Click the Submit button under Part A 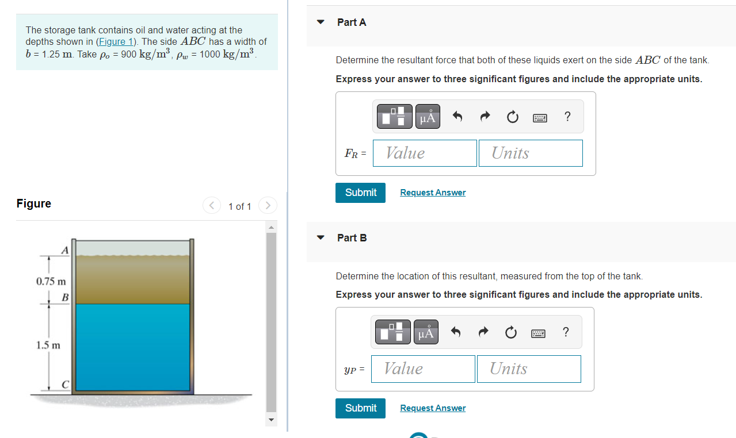(x=360, y=193)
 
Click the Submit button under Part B (x=360, y=408)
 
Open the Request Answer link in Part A (x=433, y=193)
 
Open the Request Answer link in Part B (x=433, y=408)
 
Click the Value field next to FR (x=425, y=153)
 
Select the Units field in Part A (x=530, y=153)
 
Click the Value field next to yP (x=423, y=368)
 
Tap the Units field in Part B (x=528, y=368)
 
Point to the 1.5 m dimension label (x=48, y=345)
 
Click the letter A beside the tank (x=65, y=250)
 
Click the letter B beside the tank (x=65, y=297)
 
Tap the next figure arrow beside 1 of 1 (x=268, y=205)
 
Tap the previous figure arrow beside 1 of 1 (x=212, y=205)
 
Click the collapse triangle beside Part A (x=321, y=22)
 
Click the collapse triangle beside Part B (x=321, y=238)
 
